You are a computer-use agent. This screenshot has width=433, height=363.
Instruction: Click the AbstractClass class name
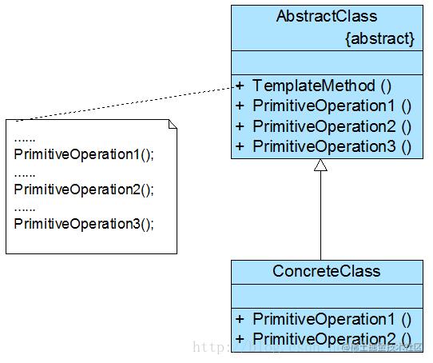coord(326,16)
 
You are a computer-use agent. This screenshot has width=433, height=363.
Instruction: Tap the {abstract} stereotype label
coord(379,38)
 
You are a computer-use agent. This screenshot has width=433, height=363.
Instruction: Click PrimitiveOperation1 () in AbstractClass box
coord(332,106)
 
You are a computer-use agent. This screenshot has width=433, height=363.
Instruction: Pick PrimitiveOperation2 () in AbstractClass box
coord(332,126)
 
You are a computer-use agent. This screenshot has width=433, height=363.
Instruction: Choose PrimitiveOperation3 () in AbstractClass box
coord(332,146)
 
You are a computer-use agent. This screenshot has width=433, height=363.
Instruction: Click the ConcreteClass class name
coord(326,271)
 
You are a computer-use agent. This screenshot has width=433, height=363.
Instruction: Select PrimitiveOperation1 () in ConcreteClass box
coord(332,318)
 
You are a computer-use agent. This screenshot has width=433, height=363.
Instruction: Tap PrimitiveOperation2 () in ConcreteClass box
coord(332,338)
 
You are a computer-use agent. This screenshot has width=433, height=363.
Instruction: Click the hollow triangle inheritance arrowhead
coord(320,166)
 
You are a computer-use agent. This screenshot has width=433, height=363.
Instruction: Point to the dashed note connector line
coord(128,102)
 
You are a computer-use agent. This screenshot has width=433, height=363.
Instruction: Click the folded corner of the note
coord(172,124)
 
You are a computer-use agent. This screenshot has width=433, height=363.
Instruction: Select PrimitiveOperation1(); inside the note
coord(83,154)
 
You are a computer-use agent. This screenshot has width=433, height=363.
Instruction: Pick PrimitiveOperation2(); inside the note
coord(83,189)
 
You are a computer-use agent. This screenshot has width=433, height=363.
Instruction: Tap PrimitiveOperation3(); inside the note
coord(83,223)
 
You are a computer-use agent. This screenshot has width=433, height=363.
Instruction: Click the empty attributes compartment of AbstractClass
coord(328,62)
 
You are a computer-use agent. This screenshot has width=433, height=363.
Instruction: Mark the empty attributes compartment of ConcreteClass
coord(328,296)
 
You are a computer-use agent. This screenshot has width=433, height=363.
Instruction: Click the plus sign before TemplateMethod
coord(239,86)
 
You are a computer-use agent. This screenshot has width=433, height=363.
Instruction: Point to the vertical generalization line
coord(320,216)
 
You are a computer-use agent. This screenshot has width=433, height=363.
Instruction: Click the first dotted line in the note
coord(25,138)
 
